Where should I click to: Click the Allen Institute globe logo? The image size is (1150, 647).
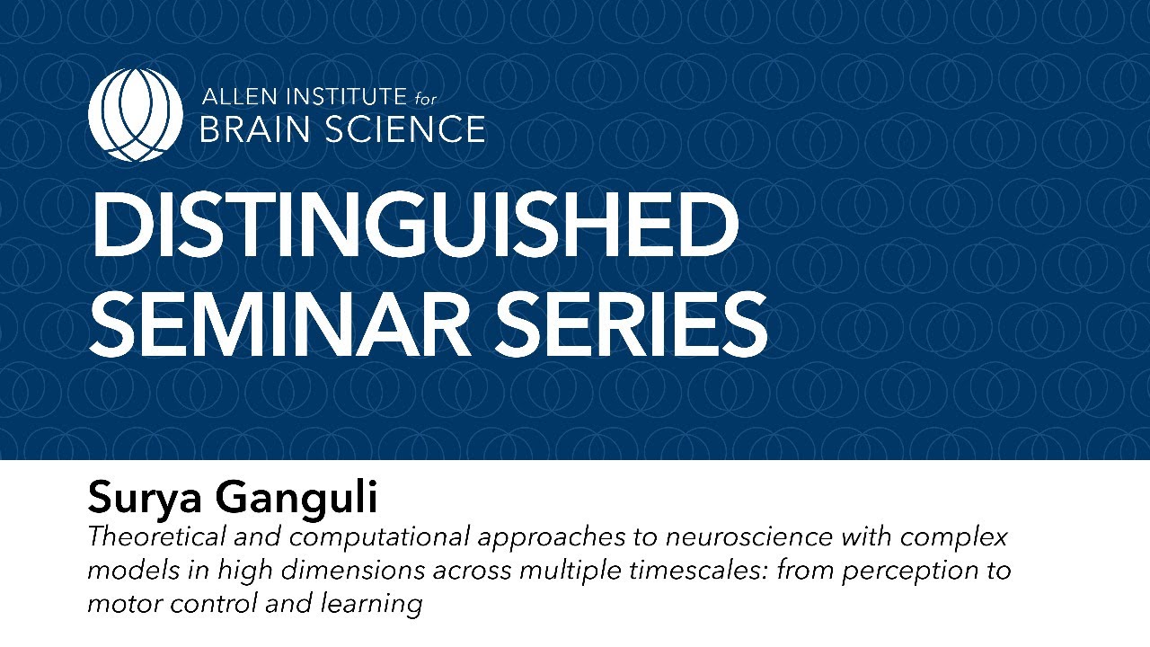[x=135, y=114]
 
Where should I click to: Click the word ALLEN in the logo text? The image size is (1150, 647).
[x=240, y=96]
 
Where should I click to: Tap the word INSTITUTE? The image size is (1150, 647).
[x=347, y=96]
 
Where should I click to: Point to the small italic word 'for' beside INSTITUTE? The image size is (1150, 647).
[x=425, y=98]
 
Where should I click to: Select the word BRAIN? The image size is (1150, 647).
[x=254, y=129]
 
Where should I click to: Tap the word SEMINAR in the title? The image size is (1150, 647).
[x=279, y=323]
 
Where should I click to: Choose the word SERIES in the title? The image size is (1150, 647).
[x=631, y=323]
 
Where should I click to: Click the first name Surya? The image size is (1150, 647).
[x=145, y=498]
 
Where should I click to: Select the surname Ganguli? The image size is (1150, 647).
[x=296, y=498]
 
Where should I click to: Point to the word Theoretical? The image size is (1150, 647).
[x=156, y=536]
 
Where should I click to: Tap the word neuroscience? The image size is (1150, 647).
[x=749, y=536]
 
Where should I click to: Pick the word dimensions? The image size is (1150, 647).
[x=353, y=570]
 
